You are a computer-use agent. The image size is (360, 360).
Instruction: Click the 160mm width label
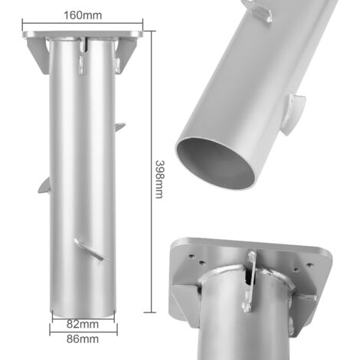coord(83,15)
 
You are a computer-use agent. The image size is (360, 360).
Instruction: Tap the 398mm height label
coord(160,179)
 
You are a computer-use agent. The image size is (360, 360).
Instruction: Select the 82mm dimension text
coord(82,324)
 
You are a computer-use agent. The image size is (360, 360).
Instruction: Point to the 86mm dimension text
coord(82,339)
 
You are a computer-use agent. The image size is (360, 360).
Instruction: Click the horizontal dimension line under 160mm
coord(83,24)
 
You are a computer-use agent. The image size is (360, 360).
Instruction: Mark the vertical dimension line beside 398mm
coord(152,172)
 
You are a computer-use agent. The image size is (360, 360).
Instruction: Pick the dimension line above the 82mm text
coord(83,318)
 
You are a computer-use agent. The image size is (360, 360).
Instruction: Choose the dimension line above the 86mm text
coord(83,332)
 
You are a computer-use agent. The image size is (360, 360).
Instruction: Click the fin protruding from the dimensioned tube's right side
coord(119,126)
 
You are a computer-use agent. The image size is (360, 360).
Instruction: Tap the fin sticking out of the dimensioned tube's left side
coord(44,186)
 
